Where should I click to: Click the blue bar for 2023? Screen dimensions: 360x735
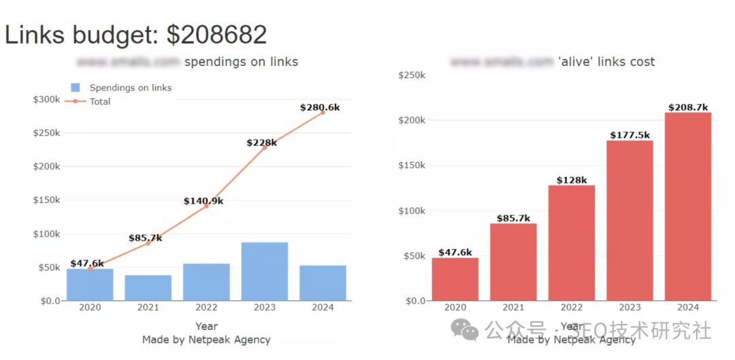(x=264, y=272)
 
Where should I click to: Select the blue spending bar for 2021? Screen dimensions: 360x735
(x=148, y=288)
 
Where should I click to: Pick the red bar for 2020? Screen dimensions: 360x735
(x=455, y=279)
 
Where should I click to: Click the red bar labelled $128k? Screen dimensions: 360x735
(x=571, y=243)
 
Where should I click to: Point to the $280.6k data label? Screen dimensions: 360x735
(x=320, y=108)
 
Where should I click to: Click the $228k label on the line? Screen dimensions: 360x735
(x=261, y=143)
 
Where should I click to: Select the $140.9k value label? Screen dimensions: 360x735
(x=203, y=201)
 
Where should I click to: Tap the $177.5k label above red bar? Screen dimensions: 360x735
(x=629, y=135)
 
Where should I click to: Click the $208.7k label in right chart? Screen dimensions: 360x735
(x=687, y=107)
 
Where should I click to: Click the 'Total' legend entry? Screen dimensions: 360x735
(x=100, y=101)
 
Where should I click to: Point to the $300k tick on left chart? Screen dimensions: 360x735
(x=46, y=99)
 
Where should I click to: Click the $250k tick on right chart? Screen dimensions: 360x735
(x=412, y=75)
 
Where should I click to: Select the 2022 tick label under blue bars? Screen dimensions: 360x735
(x=206, y=308)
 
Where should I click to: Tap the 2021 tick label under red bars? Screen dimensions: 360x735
(x=513, y=308)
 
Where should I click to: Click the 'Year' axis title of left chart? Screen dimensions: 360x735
(x=206, y=327)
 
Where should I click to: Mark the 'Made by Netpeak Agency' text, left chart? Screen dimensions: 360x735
(x=206, y=340)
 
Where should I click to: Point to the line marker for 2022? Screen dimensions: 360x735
(x=206, y=206)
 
